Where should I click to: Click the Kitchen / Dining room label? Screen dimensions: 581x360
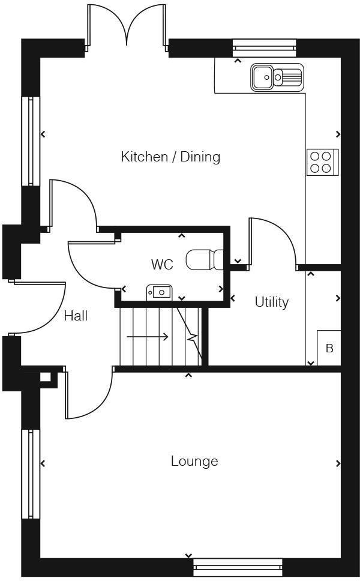pyautogui.click(x=170, y=157)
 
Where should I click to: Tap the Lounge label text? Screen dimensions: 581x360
pyautogui.click(x=194, y=461)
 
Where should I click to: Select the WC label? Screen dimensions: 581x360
pyautogui.click(x=161, y=265)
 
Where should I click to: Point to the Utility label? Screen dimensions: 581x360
pyautogui.click(x=271, y=302)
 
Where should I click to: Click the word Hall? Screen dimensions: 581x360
pyautogui.click(x=76, y=316)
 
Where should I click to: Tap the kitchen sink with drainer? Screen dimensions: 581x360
pyautogui.click(x=277, y=77)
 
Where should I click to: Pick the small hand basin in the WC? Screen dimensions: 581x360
pyautogui.click(x=160, y=292)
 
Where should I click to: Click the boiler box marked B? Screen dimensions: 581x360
pyautogui.click(x=329, y=348)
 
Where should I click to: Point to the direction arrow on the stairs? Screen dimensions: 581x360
pyautogui.click(x=147, y=337)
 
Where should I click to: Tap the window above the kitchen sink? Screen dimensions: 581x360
pyautogui.click(x=264, y=47)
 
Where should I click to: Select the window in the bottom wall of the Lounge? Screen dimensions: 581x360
pyautogui.click(x=238, y=567)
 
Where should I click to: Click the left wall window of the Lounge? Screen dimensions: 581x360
pyautogui.click(x=31, y=474)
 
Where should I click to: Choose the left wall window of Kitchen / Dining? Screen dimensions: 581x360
pyautogui.click(x=31, y=141)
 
